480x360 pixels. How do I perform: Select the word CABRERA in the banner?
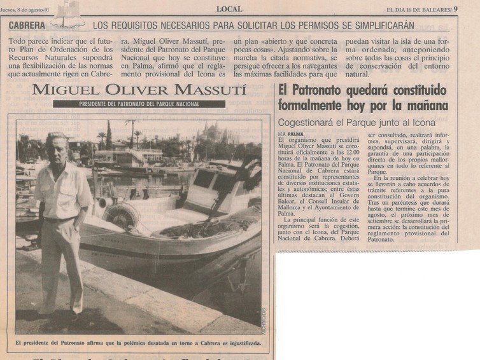pyautogui.click(x=27, y=25)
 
